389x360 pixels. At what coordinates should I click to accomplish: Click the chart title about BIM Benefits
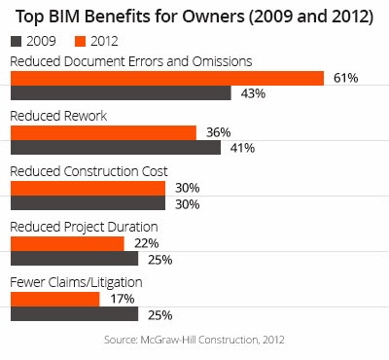194,17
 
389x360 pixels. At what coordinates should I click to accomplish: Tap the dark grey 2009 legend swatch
16,42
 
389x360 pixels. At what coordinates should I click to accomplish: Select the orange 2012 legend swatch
80,42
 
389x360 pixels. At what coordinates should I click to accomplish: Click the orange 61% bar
167,78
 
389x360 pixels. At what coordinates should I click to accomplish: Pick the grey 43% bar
121,92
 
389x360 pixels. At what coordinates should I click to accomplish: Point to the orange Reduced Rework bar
103,133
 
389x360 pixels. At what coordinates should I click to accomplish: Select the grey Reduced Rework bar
116,147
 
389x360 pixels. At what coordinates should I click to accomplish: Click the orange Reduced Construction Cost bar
88,189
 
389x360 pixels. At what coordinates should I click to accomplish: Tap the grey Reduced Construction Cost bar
88,202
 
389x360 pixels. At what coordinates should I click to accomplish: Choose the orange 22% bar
67,244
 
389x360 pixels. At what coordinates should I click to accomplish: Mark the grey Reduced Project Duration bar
75,258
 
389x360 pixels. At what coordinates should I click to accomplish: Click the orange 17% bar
55,300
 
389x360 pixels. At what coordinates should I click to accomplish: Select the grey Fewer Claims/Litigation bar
75,313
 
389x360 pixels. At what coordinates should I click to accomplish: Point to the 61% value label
346,78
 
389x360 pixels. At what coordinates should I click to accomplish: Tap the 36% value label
219,132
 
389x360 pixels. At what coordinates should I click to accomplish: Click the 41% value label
242,148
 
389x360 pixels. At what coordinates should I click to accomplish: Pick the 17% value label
123,299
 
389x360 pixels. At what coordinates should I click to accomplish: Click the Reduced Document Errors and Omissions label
131,61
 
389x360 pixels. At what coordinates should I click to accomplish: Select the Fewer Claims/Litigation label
76,282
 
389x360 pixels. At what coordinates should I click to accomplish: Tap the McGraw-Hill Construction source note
194,340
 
